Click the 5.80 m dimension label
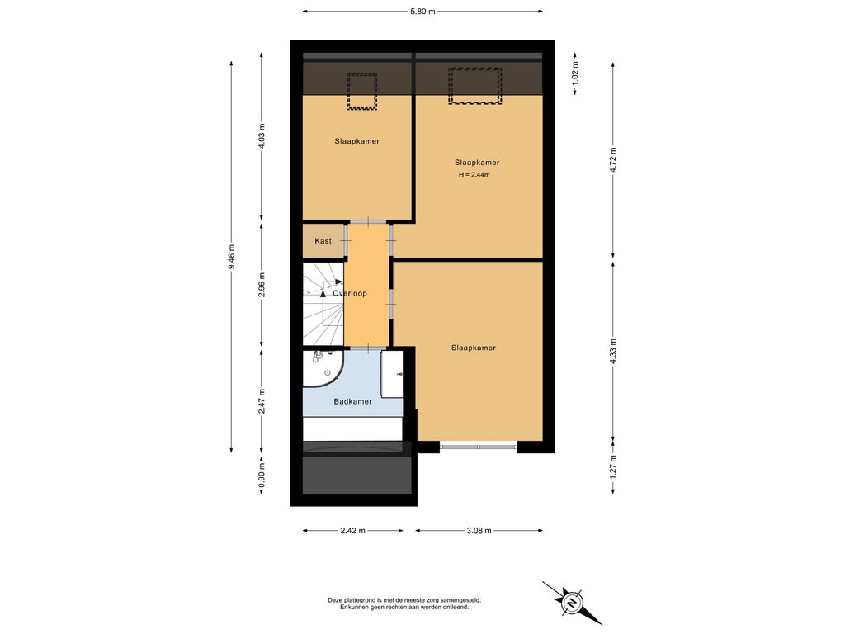pyautogui.click(x=422, y=12)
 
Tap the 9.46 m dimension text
pyautogui.click(x=231, y=257)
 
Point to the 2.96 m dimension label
pyautogui.click(x=262, y=285)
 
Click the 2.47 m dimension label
pyautogui.click(x=262, y=401)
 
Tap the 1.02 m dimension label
pyautogui.click(x=575, y=74)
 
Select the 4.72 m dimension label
pyautogui.click(x=613, y=160)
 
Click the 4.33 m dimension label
pyautogui.click(x=613, y=351)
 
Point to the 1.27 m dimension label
pyautogui.click(x=613, y=467)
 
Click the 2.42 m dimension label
pyautogui.click(x=352, y=531)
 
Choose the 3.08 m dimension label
pyautogui.click(x=479, y=531)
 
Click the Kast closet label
pyautogui.click(x=323, y=241)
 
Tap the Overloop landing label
pyautogui.click(x=350, y=293)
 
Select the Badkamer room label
pyautogui.click(x=352, y=401)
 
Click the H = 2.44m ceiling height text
pyautogui.click(x=474, y=175)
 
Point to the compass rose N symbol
pyautogui.click(x=571, y=602)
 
